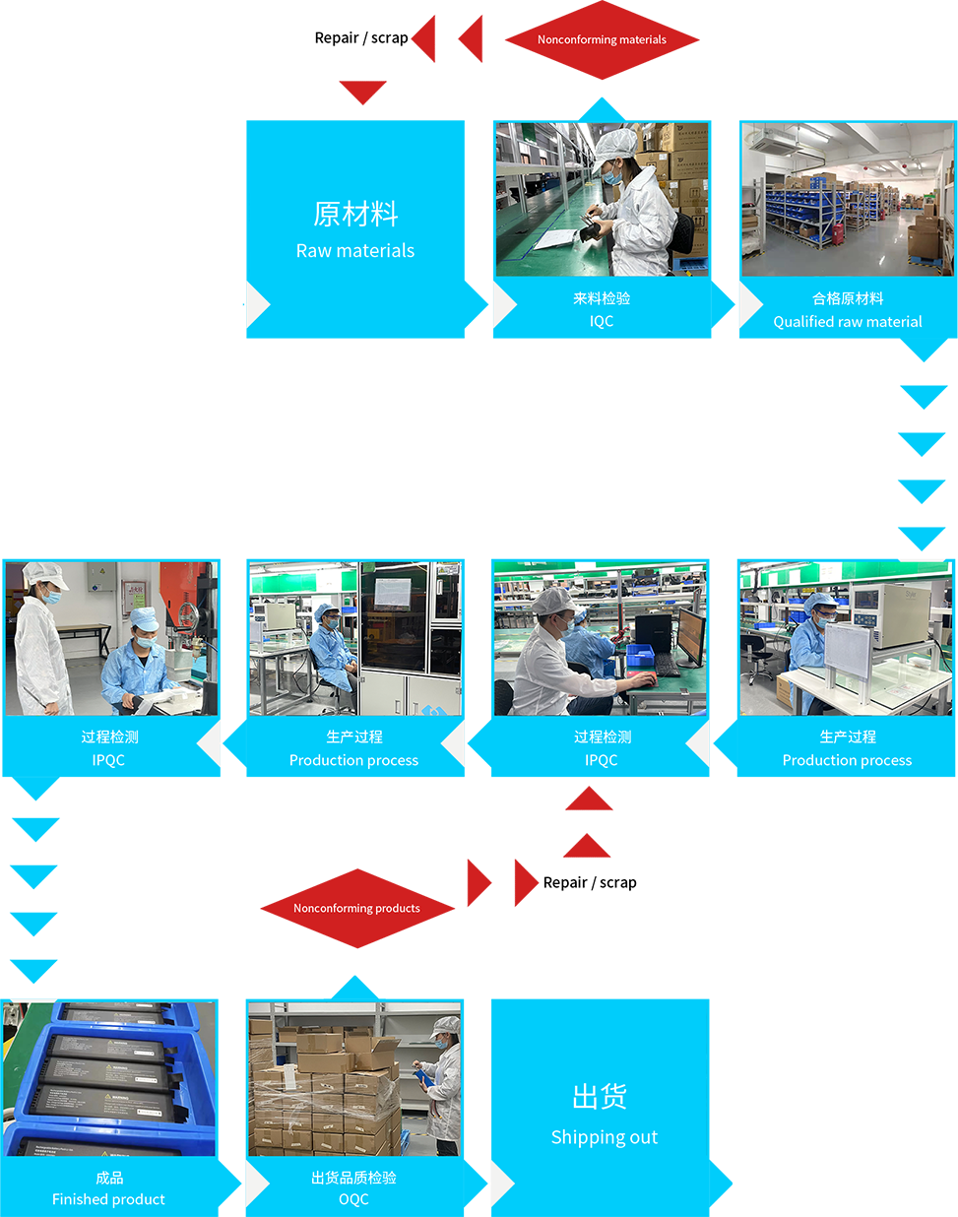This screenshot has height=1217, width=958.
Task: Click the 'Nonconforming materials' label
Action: click(602, 39)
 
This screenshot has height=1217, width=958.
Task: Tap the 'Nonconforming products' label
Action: click(356, 908)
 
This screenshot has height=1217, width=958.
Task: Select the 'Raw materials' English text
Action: click(355, 251)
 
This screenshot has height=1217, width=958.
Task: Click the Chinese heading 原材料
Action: click(355, 214)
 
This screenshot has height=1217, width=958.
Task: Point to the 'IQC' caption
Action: click(602, 321)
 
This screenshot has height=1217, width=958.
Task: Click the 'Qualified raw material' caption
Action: click(848, 322)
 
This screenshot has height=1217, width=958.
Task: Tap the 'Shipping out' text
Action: click(604, 1137)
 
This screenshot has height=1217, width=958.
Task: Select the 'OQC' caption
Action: click(353, 1199)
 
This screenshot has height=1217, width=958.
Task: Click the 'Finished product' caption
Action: click(108, 1199)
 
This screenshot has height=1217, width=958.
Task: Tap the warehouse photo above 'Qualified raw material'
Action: click(848, 199)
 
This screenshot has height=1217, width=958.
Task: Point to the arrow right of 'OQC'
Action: click(497, 1184)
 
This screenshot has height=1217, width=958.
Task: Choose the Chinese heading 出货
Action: click(600, 1096)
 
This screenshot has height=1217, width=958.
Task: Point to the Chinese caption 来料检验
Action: click(602, 298)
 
